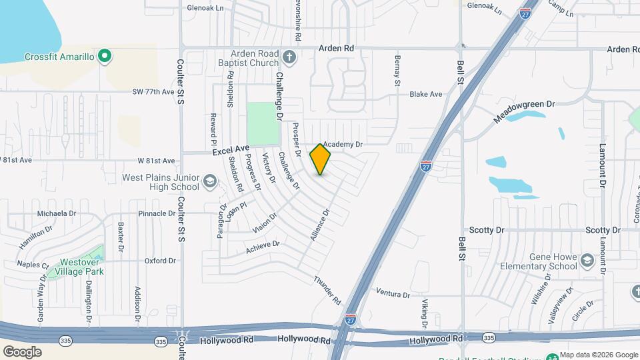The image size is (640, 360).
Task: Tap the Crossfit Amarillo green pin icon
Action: click(104, 56)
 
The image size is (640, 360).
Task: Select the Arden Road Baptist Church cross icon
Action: click(289, 56)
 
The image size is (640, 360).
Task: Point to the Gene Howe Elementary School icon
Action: click(587, 259)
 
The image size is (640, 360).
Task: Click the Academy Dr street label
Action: click(342, 144)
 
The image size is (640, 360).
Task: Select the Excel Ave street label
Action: click(231, 151)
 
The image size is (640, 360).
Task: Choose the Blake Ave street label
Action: click(426, 95)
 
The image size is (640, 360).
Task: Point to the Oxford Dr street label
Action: click(159, 261)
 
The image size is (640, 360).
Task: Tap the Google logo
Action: click(22, 351)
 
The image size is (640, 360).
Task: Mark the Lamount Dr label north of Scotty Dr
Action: click(601, 163)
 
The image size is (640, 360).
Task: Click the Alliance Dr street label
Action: click(320, 225)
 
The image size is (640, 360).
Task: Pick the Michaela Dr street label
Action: click(57, 213)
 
